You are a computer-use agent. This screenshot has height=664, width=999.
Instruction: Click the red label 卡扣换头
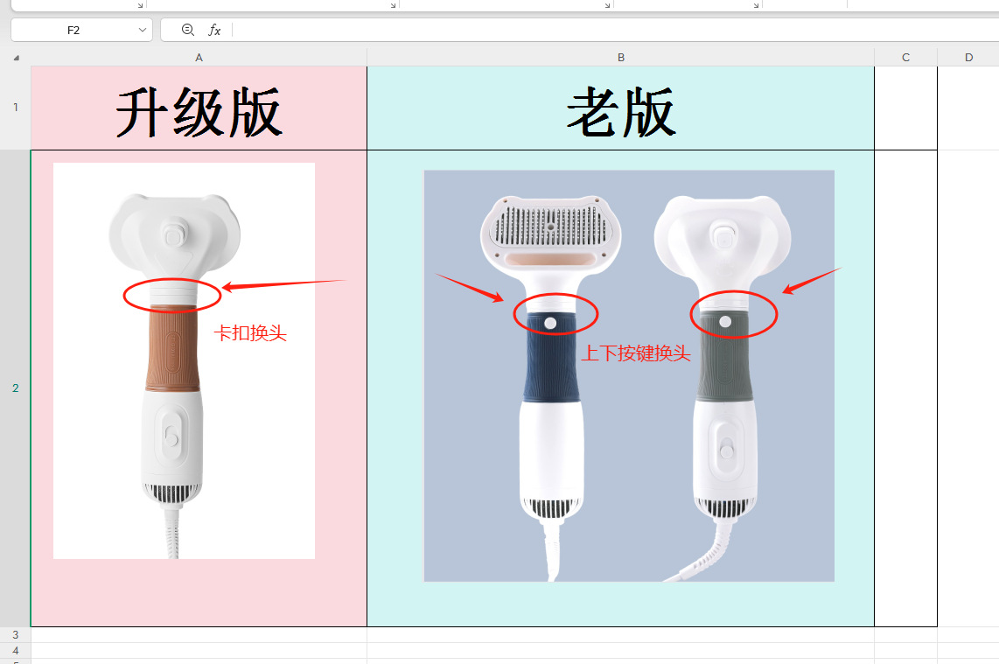point(251,333)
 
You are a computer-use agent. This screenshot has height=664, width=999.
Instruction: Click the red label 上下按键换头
point(636,353)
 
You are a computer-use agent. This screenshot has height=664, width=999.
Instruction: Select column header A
point(199,58)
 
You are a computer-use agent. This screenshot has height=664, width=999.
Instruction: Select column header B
point(621,58)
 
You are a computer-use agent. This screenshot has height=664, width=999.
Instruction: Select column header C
point(905,58)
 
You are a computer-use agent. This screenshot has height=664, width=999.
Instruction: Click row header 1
point(15,108)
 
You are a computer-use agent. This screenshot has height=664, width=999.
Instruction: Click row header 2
point(15,388)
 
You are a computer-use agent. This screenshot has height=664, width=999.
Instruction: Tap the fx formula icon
point(214,30)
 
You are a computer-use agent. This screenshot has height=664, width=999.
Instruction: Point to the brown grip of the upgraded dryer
point(171,350)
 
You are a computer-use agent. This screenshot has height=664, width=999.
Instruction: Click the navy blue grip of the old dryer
point(551,367)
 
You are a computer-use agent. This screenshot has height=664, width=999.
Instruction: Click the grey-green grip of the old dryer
point(725,367)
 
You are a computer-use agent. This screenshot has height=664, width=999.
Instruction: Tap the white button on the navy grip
point(550,323)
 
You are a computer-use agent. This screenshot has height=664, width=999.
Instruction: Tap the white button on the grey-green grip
point(725,322)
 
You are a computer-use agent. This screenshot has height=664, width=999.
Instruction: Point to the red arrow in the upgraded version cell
point(284,283)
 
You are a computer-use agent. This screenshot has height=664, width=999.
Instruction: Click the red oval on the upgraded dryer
point(125,296)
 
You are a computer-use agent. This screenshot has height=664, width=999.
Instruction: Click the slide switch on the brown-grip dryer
point(171,437)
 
